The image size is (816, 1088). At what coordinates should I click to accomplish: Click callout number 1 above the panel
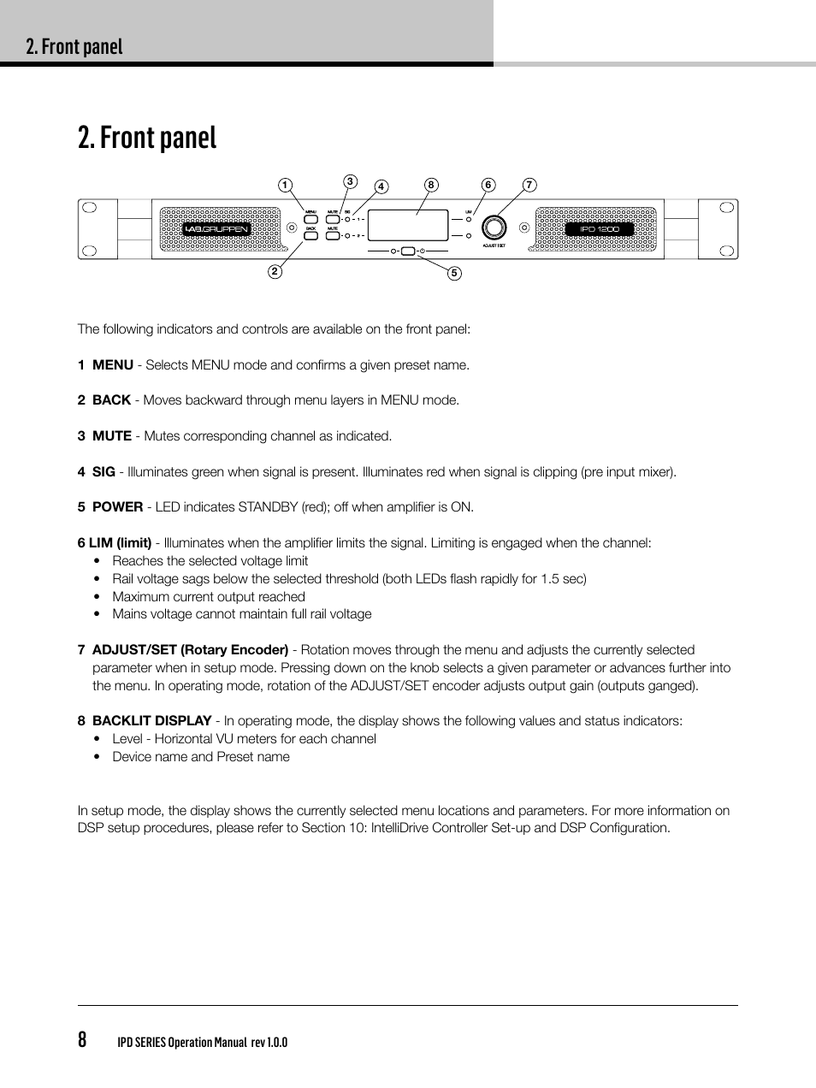pyautogui.click(x=285, y=186)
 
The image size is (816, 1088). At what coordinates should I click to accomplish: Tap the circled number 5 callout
pyautogui.click(x=454, y=274)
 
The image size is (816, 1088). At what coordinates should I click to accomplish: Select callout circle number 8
pyautogui.click(x=431, y=185)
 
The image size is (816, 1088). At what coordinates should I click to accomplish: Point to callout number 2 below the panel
pyautogui.click(x=275, y=272)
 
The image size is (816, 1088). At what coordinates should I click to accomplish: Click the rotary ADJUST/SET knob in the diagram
pyautogui.click(x=494, y=228)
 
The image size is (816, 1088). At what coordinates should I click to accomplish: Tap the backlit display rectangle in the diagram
pyautogui.click(x=408, y=225)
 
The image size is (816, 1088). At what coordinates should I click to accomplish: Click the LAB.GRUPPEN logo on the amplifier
pyautogui.click(x=216, y=229)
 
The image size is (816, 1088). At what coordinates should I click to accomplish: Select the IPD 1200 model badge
pyautogui.click(x=599, y=229)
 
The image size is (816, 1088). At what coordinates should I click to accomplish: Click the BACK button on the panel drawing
pyautogui.click(x=310, y=235)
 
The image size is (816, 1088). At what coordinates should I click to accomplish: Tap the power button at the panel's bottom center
pyautogui.click(x=408, y=251)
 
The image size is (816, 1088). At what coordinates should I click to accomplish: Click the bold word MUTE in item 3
pyautogui.click(x=112, y=436)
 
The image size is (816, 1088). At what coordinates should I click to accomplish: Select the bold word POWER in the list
pyautogui.click(x=117, y=507)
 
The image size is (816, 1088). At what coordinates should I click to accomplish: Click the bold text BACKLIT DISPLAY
pyautogui.click(x=151, y=721)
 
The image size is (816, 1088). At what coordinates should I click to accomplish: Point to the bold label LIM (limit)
pyautogui.click(x=120, y=543)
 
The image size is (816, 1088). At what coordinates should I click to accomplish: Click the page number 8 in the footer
pyautogui.click(x=82, y=1040)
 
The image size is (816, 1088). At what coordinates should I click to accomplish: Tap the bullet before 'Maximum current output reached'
pyautogui.click(x=98, y=597)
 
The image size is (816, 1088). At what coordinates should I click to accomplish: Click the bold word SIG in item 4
pyautogui.click(x=103, y=472)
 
